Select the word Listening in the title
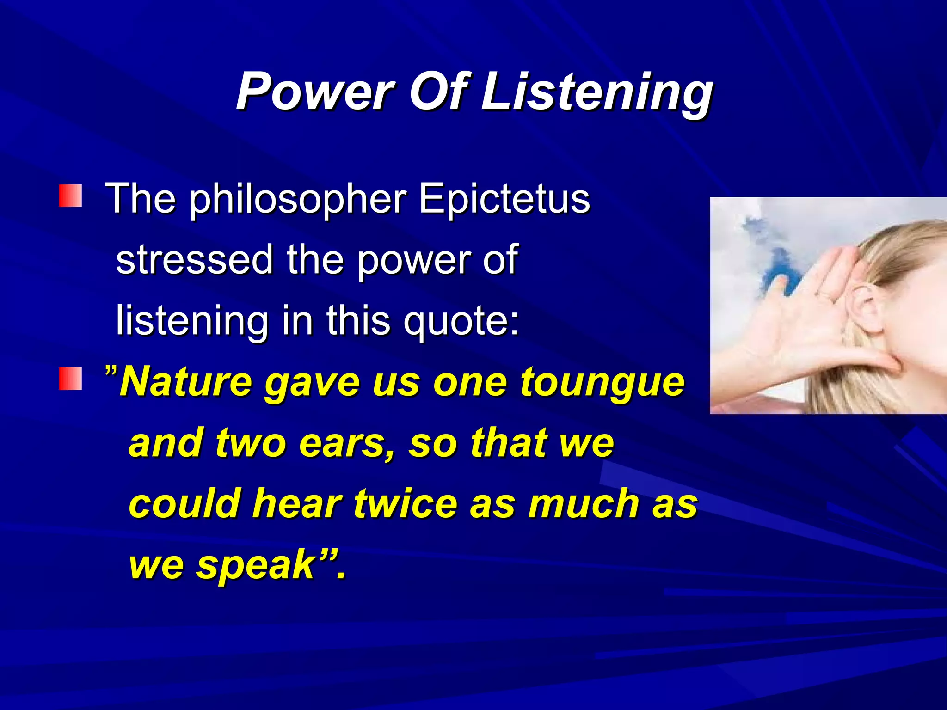coord(596,92)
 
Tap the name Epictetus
coord(504,199)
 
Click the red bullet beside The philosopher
coord(70,196)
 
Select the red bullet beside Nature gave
coord(70,379)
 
